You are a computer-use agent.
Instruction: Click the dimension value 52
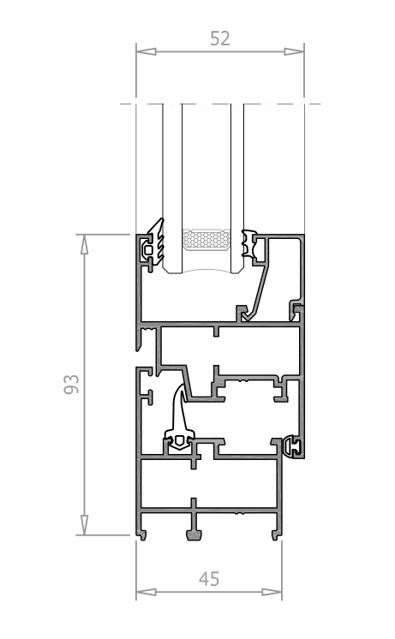pos(220,39)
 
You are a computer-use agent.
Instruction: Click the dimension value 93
pos(71,384)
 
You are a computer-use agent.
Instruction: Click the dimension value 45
pos(209,579)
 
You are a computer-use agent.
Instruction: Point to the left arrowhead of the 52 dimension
pos(146,51)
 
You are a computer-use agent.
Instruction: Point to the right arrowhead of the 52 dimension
pos(294,51)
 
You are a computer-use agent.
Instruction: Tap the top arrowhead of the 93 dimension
pos(84,244)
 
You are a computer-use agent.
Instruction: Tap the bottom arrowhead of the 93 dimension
pos(84,525)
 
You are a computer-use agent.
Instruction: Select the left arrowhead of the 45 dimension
pos(146,592)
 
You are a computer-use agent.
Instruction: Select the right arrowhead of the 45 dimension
pos(272,592)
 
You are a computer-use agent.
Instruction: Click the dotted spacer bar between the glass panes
pos(206,239)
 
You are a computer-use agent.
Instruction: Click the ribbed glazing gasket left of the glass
pos(157,242)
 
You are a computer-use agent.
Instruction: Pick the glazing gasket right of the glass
pos(249,244)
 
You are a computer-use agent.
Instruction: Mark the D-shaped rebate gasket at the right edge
pos(292,446)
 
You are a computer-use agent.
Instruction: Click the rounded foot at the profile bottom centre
pos(194,534)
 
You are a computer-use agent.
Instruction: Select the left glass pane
pos(172,188)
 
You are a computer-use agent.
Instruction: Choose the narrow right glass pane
pos(237,188)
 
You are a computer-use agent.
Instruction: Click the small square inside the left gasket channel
pos(149,249)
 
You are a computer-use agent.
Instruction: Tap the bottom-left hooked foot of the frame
pos(141,534)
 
